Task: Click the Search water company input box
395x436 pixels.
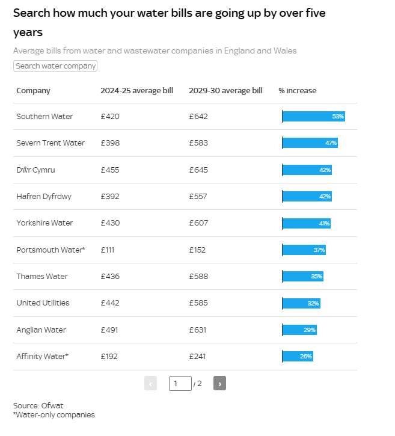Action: (55, 66)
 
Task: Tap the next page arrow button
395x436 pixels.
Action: (219, 383)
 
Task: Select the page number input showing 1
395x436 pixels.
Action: (180, 384)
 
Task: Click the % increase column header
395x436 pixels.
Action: (298, 91)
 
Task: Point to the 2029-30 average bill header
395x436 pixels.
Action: (225, 91)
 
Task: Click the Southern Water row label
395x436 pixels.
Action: (44, 116)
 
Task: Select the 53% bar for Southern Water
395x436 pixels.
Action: (314, 116)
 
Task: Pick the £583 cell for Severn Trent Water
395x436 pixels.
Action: (198, 143)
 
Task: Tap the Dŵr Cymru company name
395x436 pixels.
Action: (35, 170)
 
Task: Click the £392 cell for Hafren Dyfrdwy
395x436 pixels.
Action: (110, 196)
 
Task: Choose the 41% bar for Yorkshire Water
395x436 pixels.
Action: (307, 223)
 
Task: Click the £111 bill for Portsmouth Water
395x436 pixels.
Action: (108, 250)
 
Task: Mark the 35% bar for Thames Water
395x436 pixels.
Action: (302, 277)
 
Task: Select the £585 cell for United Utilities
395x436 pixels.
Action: (198, 303)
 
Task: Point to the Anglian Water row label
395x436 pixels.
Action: (41, 330)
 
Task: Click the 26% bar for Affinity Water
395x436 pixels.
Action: (298, 356)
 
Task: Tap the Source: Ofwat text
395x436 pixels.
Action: (38, 405)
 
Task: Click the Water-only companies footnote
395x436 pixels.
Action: (54, 414)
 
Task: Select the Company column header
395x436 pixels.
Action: (33, 91)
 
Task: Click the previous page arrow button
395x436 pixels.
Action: (150, 383)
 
